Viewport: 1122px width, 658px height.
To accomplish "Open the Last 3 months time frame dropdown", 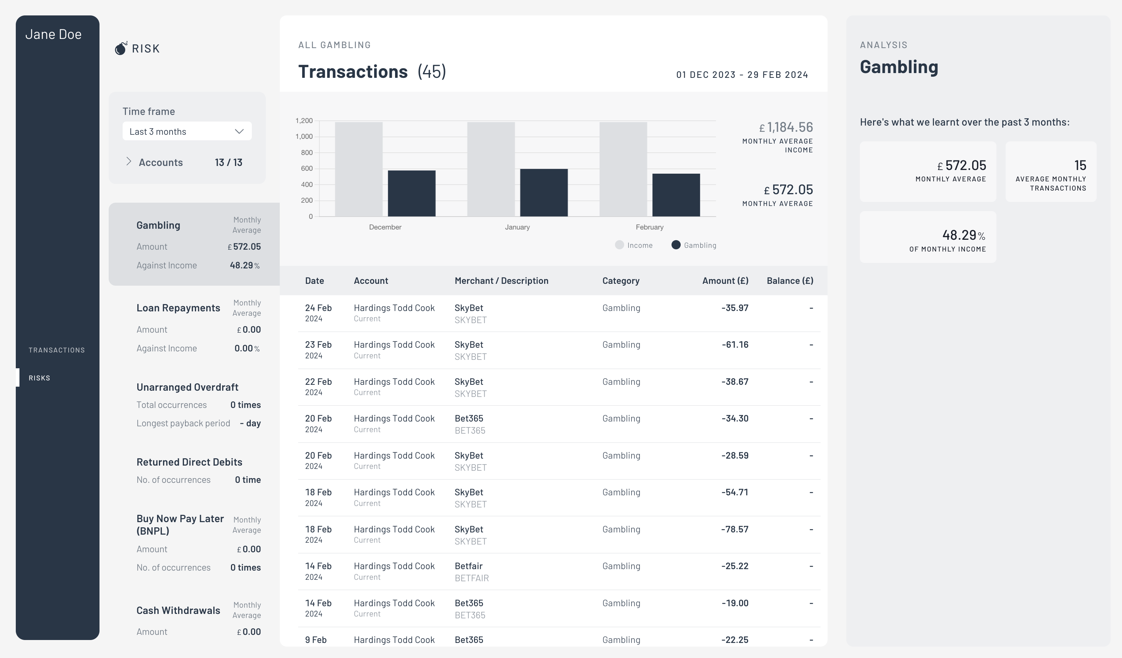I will (187, 131).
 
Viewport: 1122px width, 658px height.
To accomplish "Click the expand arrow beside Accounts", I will (129, 162).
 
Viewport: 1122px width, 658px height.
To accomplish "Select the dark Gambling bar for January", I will (544, 192).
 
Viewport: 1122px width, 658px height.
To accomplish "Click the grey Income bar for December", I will (358, 169).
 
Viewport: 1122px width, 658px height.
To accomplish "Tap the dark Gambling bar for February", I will (676, 195).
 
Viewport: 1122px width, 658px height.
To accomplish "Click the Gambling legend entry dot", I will (676, 245).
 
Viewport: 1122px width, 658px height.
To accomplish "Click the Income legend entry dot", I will (619, 245).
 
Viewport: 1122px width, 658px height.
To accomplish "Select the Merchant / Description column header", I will (501, 281).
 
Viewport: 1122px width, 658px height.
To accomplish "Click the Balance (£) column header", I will (790, 281).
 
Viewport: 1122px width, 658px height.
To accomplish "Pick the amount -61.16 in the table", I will (735, 344).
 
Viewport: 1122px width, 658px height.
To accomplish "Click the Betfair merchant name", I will (468, 566).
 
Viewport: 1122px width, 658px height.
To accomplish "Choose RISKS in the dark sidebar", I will (40, 378).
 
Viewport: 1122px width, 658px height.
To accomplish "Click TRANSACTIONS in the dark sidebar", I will (57, 350).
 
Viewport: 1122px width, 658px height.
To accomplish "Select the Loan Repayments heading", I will (178, 308).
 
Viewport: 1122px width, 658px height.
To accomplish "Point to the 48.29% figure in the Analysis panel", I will (963, 235).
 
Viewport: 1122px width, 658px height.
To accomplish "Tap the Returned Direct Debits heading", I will (189, 462).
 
